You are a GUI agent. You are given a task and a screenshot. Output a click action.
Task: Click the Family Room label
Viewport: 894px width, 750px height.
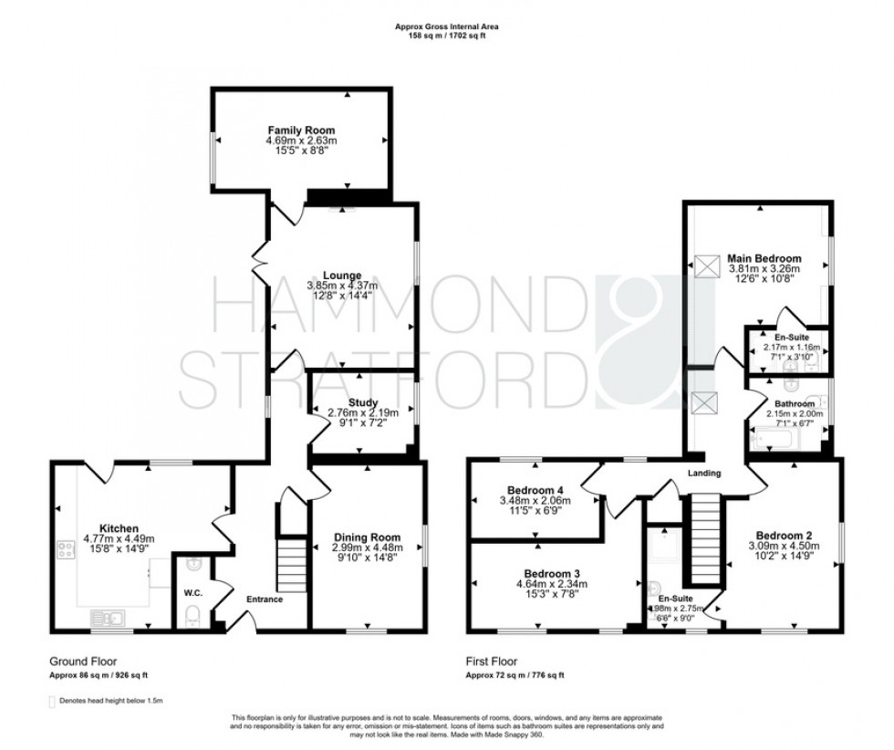301,131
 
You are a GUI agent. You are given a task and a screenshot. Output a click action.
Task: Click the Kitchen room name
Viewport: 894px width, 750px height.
120,527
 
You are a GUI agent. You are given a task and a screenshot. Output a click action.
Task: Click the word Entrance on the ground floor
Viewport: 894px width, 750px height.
264,599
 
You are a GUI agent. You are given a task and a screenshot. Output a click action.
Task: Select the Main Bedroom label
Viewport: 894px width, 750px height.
764,258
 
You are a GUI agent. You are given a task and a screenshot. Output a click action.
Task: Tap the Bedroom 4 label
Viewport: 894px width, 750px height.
538,489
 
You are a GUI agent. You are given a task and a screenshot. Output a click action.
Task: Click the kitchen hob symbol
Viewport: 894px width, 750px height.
67,549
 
